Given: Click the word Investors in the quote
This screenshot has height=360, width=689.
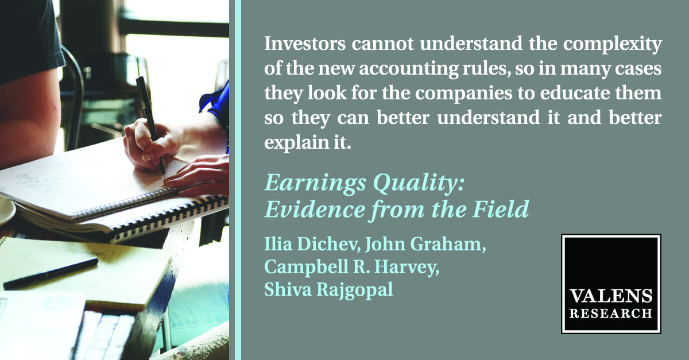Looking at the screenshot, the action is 305,44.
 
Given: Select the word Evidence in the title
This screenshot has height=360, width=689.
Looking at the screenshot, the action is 315,210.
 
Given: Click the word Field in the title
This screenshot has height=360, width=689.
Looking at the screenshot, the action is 501,209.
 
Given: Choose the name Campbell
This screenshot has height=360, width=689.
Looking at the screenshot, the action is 306,266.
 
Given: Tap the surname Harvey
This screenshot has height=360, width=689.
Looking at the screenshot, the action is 407,267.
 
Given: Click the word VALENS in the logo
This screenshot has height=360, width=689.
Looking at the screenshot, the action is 610,296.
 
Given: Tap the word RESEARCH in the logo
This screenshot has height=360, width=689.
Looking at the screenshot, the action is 610,313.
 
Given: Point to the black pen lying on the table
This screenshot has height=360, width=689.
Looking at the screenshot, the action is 50,274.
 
